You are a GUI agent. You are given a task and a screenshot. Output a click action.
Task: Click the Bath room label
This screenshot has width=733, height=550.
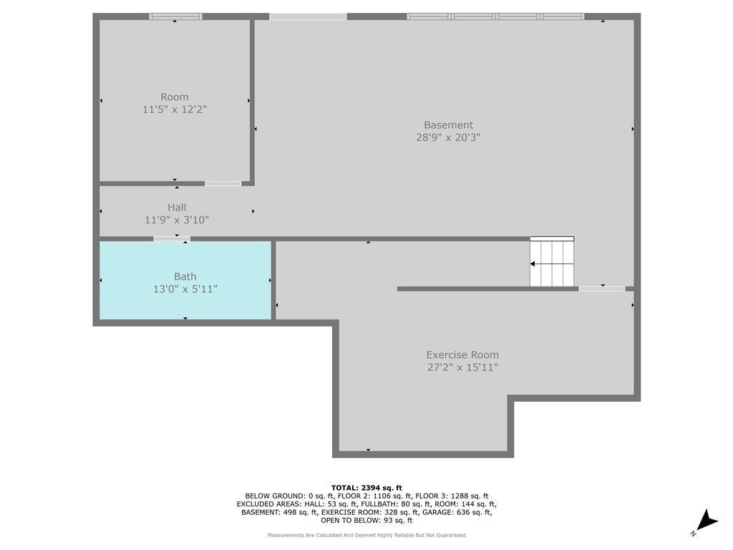(185, 276)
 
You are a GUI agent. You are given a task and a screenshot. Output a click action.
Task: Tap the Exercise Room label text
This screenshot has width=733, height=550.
(462, 355)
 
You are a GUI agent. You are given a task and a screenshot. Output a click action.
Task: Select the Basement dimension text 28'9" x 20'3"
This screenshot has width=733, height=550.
(448, 137)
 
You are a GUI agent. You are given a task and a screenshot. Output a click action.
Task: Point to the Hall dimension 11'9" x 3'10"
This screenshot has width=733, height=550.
(177, 220)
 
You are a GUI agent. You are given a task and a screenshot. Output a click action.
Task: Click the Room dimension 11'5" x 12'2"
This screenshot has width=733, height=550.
(175, 110)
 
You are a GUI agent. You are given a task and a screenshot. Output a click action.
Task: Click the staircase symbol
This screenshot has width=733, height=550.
(552, 262)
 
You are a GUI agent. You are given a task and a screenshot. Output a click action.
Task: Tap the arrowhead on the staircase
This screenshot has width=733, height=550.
(533, 264)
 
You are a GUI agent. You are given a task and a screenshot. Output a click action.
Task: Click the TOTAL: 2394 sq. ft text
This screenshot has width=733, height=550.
(366, 488)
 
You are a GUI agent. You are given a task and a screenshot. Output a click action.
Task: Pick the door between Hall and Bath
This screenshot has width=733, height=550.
(172, 239)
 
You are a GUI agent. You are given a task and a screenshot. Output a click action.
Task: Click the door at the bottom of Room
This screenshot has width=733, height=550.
(223, 183)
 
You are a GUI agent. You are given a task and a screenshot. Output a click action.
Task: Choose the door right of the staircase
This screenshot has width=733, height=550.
(601, 289)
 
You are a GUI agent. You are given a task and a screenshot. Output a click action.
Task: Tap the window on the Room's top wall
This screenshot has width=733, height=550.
(176, 16)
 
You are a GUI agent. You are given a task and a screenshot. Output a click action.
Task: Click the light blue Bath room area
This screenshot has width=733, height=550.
(185, 299)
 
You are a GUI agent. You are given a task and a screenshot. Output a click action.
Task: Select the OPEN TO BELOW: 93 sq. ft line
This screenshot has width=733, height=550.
(366, 520)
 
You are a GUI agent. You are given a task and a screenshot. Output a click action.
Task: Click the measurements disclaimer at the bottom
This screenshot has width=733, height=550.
(366, 535)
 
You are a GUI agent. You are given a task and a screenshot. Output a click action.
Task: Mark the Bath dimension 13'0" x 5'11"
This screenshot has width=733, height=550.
(185, 289)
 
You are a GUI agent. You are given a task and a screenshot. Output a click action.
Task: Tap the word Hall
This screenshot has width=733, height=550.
(177, 207)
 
